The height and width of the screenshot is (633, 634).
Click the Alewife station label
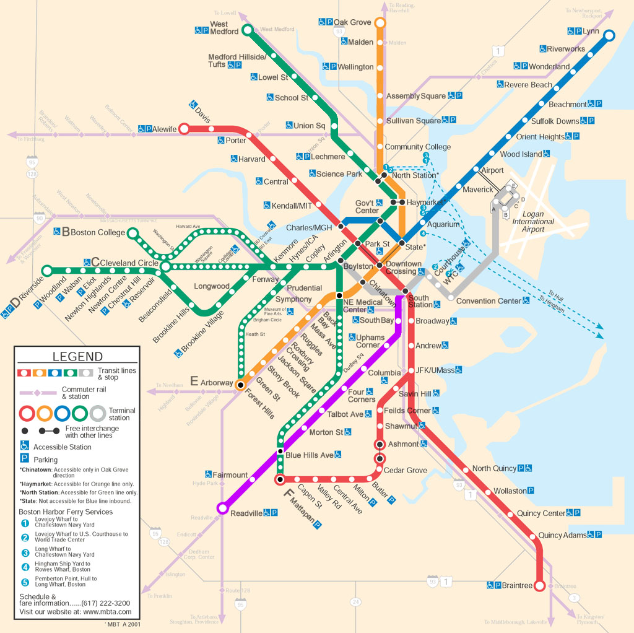pyautogui.click(x=165, y=129)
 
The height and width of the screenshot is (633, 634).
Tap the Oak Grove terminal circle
pyautogui.click(x=380, y=24)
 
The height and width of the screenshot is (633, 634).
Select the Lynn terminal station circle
pyautogui.click(x=609, y=35)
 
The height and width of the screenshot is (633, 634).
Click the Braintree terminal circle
pyautogui.click(x=539, y=586)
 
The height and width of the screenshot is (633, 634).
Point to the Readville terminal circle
pyautogui.click(x=222, y=509)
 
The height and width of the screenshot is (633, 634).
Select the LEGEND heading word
pyautogui.click(x=77, y=356)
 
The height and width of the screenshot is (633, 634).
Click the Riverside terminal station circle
pyautogui.click(x=47, y=270)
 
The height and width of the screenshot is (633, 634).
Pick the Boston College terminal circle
pyautogui.click(x=132, y=233)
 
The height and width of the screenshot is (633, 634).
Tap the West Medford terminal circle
pyautogui.click(x=247, y=30)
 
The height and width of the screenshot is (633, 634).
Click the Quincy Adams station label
pyautogui.click(x=562, y=535)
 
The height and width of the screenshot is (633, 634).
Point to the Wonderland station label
pyautogui.click(x=549, y=66)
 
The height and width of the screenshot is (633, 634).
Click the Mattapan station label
pyautogui.click(x=303, y=513)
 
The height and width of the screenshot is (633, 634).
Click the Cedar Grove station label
pyautogui.click(x=406, y=470)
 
